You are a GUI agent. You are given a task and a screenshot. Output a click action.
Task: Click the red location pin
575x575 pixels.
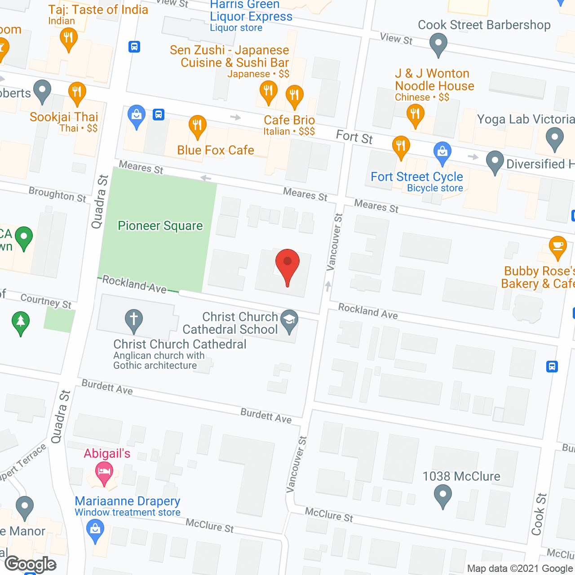(287, 265)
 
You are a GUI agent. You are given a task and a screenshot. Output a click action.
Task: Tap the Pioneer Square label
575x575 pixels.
(160, 226)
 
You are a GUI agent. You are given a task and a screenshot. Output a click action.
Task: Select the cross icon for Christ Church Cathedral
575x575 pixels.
(133, 319)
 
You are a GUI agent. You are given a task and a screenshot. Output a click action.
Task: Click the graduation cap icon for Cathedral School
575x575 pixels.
(289, 320)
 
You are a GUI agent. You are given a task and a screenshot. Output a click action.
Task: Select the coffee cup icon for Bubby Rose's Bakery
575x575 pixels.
(557, 247)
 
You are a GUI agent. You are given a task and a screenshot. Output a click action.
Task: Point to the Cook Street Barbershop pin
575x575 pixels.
(438, 44)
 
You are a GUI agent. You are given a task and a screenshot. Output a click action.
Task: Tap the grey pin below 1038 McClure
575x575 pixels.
(443, 496)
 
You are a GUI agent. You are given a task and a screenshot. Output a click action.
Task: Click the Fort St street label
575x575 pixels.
(354, 137)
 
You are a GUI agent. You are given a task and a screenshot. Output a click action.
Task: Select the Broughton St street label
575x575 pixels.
(57, 194)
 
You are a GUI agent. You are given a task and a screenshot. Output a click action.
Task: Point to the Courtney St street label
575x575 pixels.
(46, 301)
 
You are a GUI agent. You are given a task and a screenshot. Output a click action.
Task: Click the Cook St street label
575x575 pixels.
(539, 514)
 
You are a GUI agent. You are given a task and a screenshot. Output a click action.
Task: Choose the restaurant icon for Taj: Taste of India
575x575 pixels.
(68, 39)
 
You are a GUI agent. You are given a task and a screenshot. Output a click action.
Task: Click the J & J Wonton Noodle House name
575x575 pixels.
(434, 80)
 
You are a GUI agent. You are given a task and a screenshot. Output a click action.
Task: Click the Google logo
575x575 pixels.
(31, 564)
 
